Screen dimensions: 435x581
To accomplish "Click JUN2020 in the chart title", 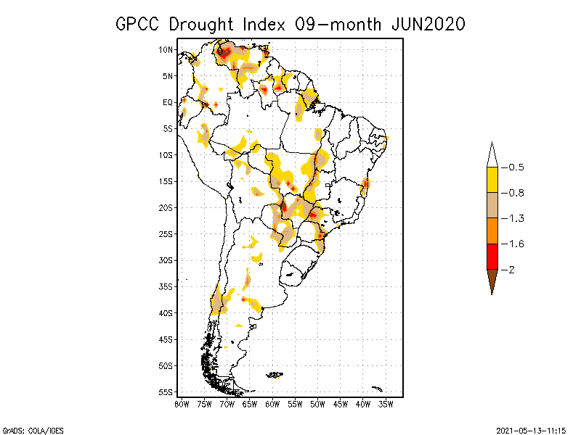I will [x=427, y=24].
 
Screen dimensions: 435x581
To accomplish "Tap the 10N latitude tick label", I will [x=167, y=49].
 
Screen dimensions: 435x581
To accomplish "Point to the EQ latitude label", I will [x=168, y=102].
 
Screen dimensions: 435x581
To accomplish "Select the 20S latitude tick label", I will [x=167, y=207].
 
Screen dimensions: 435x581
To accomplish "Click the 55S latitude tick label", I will [x=167, y=392].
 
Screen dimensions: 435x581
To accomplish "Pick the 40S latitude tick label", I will [x=167, y=313].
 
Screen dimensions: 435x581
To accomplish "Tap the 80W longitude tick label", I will [x=182, y=403].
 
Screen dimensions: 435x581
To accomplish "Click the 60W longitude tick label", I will [x=272, y=403].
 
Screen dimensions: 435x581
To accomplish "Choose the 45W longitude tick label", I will [x=341, y=403].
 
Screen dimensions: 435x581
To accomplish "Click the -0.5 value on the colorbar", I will [x=515, y=167].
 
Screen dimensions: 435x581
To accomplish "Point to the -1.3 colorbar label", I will [x=515, y=218].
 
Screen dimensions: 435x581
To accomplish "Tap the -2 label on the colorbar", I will [x=511, y=270].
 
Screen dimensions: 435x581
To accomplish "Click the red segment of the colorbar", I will [x=492, y=257].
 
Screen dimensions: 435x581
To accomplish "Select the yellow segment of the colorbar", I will [x=492, y=180].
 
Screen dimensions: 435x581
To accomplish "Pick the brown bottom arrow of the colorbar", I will [x=492, y=281].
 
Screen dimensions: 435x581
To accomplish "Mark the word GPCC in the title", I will [x=138, y=24].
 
